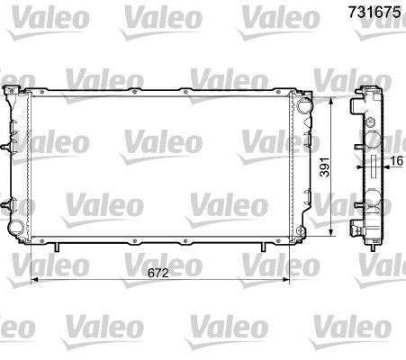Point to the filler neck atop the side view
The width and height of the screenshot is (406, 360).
[x=370, y=91]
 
